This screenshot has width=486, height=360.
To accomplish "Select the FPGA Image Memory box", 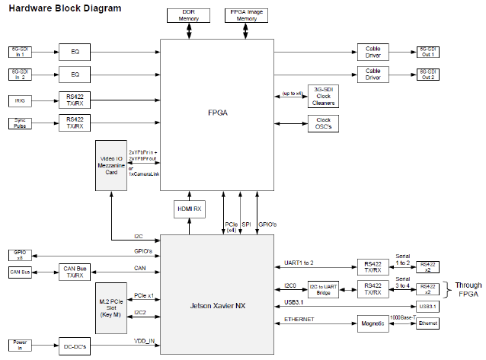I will pos(245,17).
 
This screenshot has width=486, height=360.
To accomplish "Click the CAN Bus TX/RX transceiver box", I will pos(75,271).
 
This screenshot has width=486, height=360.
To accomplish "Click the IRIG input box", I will pos(19,100).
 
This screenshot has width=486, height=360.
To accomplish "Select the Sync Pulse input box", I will pos(19,123).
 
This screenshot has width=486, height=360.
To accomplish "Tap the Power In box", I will pos(19,344).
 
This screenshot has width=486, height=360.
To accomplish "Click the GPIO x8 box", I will pos(19,254).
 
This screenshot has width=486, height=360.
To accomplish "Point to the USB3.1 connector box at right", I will pos(428,307).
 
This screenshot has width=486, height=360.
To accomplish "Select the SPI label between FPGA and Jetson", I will pos(246,225).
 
